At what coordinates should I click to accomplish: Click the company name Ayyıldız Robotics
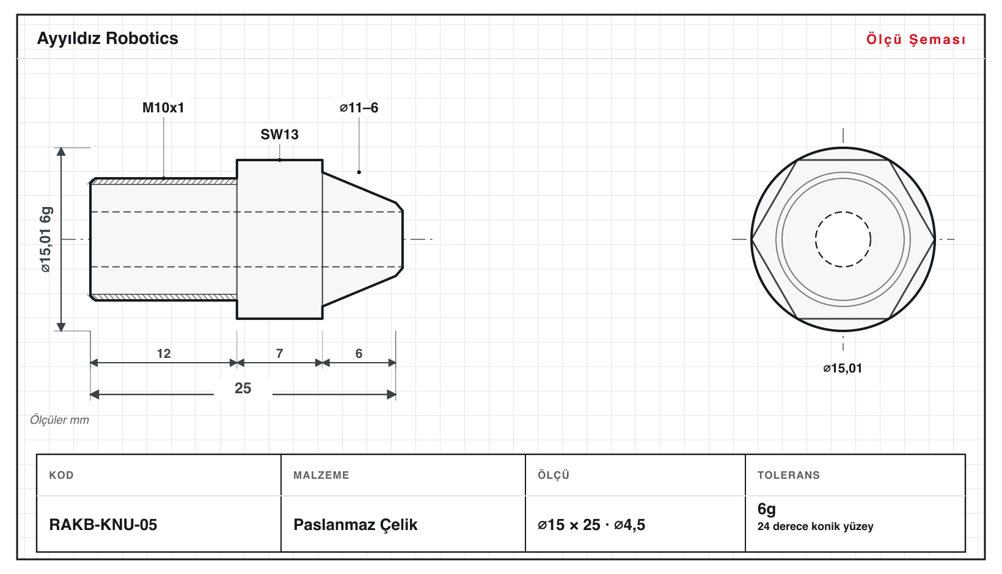pyautogui.click(x=108, y=38)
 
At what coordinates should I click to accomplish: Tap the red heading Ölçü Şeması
pyautogui.click(x=916, y=39)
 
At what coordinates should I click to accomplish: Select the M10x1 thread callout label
pyautogui.click(x=163, y=107)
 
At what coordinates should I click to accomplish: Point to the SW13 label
pyautogui.click(x=280, y=134)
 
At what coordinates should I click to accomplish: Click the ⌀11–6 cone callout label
pyautogui.click(x=359, y=107)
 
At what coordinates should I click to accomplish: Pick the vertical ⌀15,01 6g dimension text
pyautogui.click(x=46, y=239)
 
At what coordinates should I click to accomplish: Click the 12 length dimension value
pyautogui.click(x=164, y=354)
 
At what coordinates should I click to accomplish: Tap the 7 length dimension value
pyautogui.click(x=280, y=354)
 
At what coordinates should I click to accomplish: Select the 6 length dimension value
pyautogui.click(x=359, y=354)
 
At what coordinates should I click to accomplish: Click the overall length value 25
pyautogui.click(x=243, y=388)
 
